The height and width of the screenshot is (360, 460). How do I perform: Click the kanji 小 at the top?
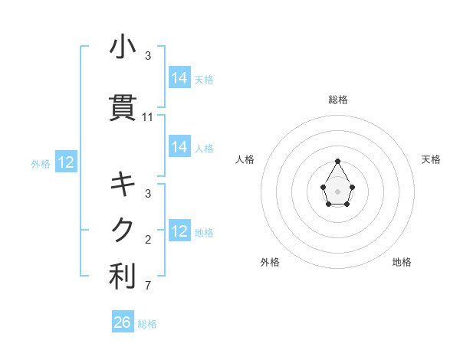(x=123, y=47)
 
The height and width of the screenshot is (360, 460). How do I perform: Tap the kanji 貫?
(x=123, y=108)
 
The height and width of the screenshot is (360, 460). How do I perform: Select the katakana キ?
(x=123, y=184)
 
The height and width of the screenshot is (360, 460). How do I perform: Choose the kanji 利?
(x=123, y=277)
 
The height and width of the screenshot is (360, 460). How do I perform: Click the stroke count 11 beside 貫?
(x=148, y=117)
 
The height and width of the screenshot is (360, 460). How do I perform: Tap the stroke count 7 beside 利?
(x=148, y=286)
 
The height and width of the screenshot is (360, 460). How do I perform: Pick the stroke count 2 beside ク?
(x=148, y=240)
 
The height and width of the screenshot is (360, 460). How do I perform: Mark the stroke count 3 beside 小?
(x=148, y=56)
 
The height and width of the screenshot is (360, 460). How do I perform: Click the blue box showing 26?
(x=123, y=322)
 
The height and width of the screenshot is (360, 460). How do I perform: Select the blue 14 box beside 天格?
(x=179, y=78)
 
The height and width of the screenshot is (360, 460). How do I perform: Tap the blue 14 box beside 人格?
(x=179, y=147)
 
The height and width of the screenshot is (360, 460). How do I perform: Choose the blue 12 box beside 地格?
(x=179, y=231)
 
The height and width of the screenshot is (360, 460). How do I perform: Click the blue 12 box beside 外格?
(x=66, y=162)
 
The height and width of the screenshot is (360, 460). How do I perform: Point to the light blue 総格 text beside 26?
(x=147, y=324)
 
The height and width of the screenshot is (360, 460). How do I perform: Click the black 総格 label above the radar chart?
(x=338, y=100)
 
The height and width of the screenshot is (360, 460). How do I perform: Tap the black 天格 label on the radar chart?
(x=431, y=159)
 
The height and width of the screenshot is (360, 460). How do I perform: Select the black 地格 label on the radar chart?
(x=402, y=262)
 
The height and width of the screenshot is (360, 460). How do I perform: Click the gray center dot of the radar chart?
(x=337, y=190)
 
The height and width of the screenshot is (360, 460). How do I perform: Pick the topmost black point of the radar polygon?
(x=337, y=161)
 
